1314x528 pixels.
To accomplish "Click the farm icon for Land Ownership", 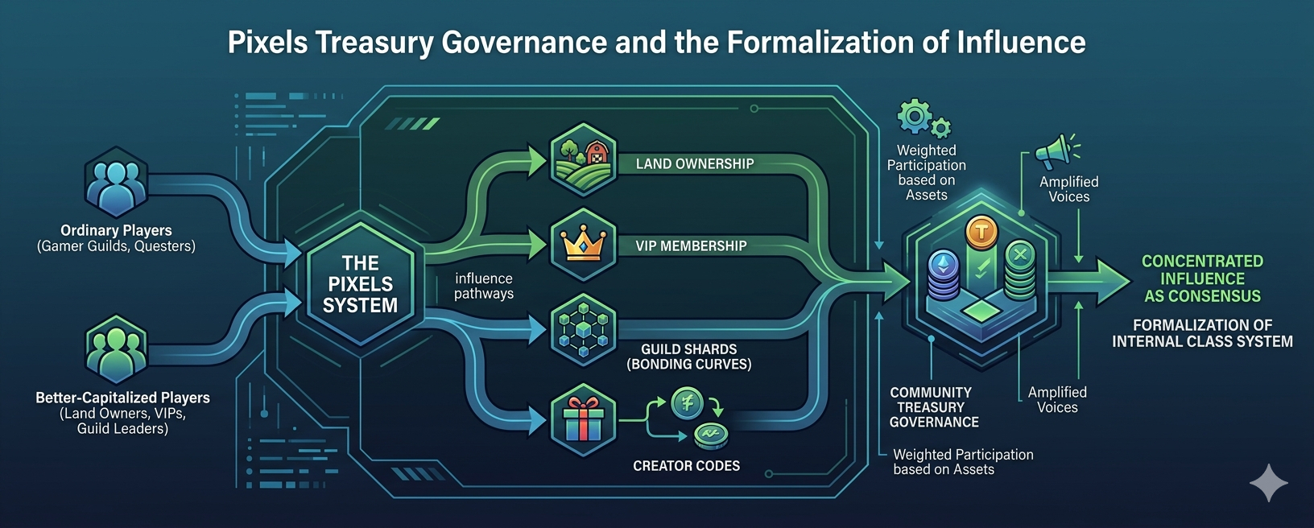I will tap(583, 159).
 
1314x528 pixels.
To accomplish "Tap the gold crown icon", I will tap(583, 244).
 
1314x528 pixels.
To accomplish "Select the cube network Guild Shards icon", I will tap(583, 330).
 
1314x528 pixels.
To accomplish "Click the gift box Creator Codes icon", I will tap(583, 419).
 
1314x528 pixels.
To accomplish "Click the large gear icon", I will tap(915, 116).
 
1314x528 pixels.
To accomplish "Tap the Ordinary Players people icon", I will tap(116, 184).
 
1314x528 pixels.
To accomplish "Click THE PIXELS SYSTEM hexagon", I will tap(360, 284).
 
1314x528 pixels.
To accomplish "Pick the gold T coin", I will tap(981, 233).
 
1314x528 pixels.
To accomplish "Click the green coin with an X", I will tap(1020, 256).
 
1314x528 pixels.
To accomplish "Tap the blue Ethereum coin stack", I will tap(942, 274).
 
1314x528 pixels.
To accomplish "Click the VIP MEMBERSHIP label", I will tap(691, 245).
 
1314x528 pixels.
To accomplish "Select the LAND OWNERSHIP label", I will tap(695, 163).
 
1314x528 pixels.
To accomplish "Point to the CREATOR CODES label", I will tap(686, 465).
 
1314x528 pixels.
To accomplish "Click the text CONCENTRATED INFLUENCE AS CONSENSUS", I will tap(1202, 278).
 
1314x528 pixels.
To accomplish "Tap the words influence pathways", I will tap(483, 286).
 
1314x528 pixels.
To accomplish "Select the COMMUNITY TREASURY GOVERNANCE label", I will tap(933, 407).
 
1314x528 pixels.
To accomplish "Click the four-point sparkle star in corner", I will tap(1269, 482).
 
